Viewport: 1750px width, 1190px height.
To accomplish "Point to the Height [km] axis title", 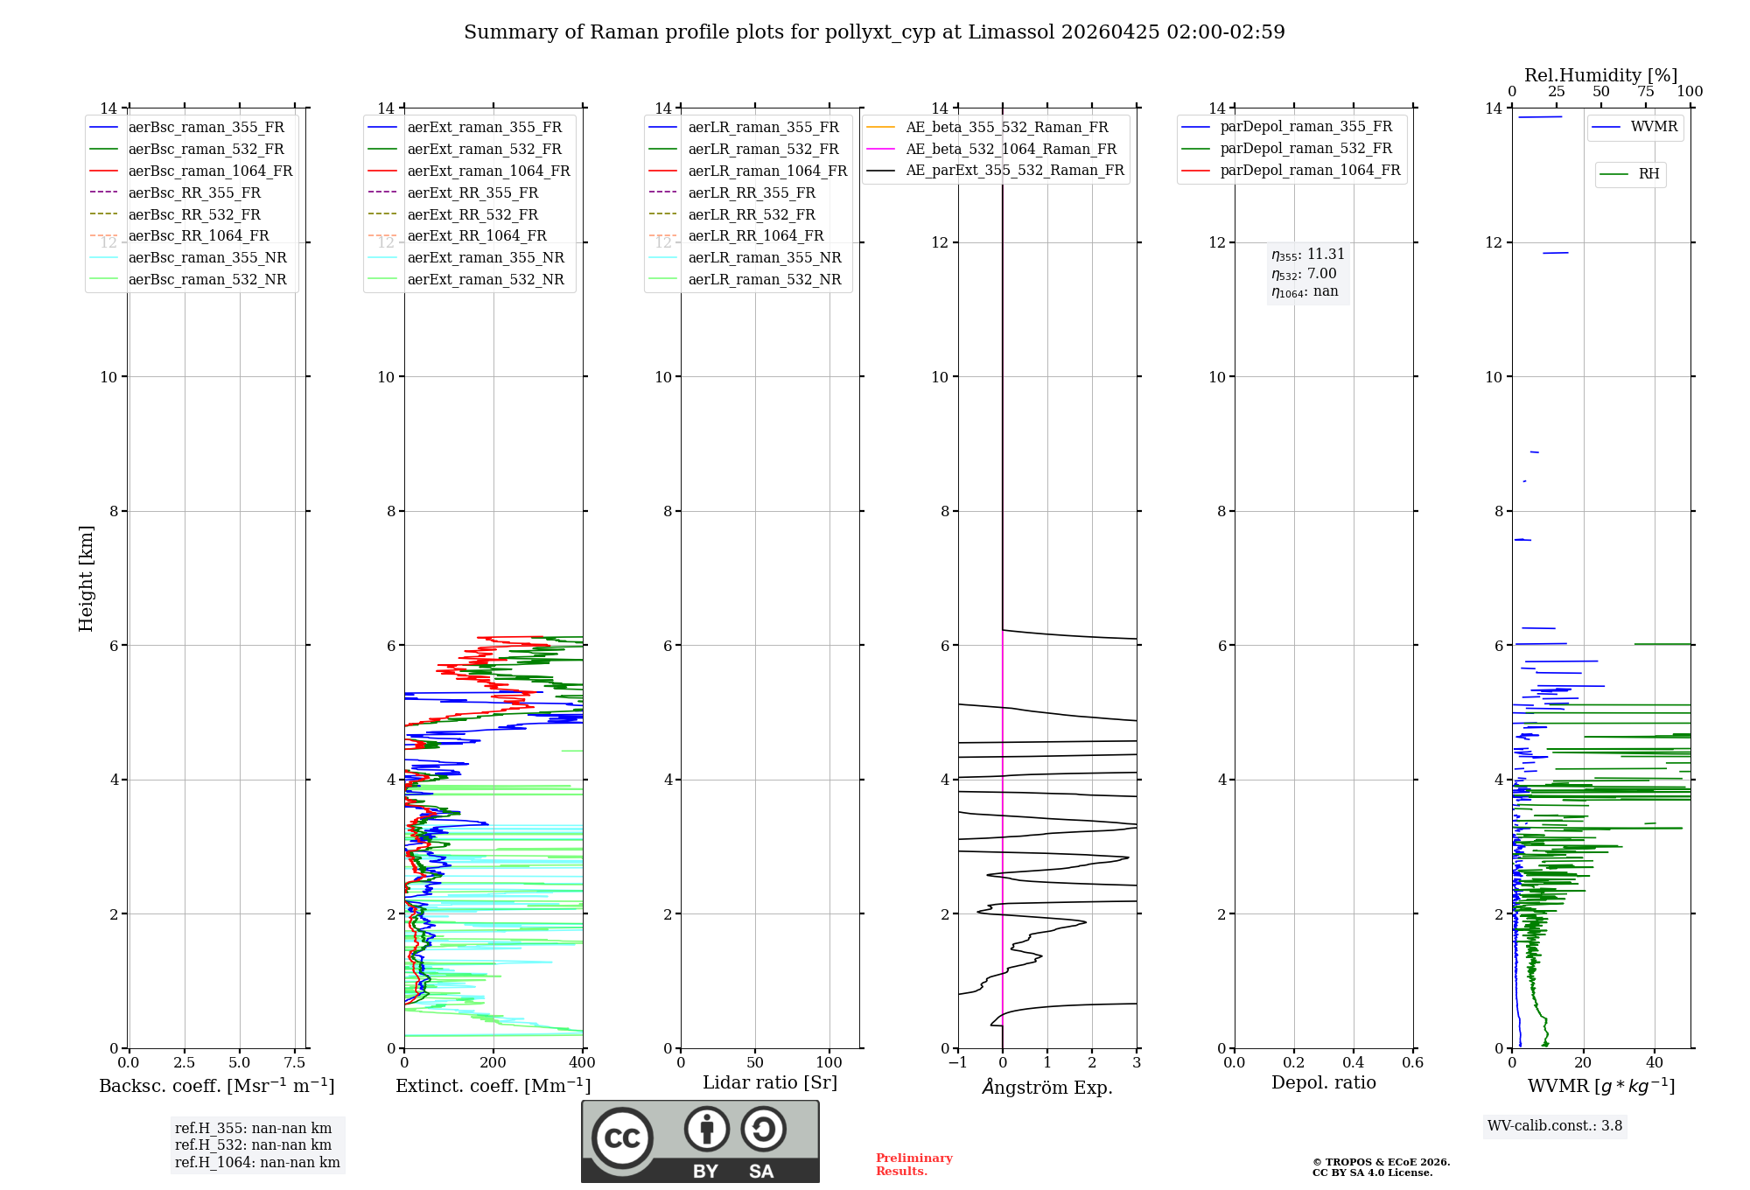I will point(86,577).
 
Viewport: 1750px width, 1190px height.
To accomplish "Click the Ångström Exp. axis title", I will point(1047,1088).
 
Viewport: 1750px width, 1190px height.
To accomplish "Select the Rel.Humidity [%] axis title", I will point(1600,75).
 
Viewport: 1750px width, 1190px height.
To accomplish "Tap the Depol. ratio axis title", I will point(1323,1083).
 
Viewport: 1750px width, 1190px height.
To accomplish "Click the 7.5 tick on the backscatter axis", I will point(295,1063).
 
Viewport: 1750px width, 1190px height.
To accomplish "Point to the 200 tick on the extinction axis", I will point(493,1063).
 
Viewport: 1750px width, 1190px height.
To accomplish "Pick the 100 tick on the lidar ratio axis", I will point(829,1063).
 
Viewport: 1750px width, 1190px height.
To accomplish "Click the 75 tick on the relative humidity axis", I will point(1646,92).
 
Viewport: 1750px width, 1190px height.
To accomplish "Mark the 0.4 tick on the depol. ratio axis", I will point(1354,1063).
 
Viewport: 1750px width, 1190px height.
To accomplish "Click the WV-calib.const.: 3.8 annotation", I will point(1555,1126).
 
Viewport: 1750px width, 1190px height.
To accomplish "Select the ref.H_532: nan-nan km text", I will point(253,1145).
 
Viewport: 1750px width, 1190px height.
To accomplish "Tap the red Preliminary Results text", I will point(913,1165).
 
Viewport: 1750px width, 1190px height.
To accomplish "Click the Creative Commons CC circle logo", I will point(622,1138).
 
